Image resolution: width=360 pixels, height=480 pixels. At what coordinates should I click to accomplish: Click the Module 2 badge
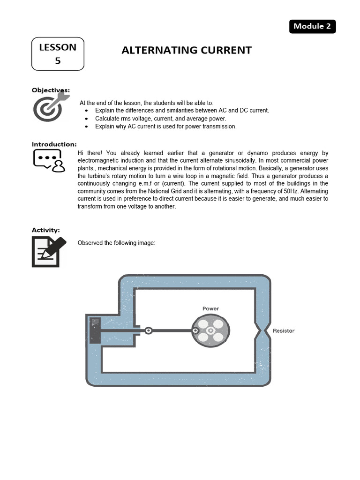(312, 26)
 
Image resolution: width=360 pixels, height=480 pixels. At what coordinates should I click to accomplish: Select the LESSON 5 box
(58, 54)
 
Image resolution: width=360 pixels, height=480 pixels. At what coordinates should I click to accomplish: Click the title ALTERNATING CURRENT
(187, 50)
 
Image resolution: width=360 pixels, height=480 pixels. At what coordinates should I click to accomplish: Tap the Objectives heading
(51, 90)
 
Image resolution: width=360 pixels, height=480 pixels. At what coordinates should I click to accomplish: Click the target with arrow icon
(50, 106)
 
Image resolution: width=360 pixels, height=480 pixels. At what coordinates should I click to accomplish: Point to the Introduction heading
(54, 144)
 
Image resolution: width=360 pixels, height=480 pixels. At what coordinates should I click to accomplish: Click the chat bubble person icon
(49, 161)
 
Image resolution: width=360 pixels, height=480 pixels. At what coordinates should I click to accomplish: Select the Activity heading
(45, 230)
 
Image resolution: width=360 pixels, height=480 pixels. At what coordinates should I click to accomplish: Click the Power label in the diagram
(210, 308)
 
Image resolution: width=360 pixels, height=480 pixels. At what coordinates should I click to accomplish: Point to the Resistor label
(284, 331)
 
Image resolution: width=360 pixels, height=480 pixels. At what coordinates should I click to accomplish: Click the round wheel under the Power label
(210, 330)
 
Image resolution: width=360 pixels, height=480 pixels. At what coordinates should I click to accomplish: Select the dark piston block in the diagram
(95, 330)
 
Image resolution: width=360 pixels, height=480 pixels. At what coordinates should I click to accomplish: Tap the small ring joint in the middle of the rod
(148, 330)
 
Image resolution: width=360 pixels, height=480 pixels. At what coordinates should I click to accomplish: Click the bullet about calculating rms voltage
(160, 119)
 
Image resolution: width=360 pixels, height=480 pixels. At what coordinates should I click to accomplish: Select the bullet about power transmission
(165, 127)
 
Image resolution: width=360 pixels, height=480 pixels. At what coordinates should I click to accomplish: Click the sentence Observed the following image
(116, 243)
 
